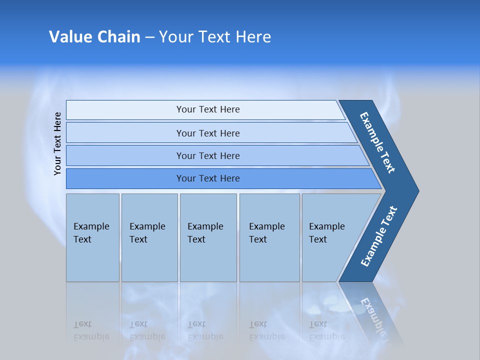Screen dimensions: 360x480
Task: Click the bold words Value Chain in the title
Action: point(94,37)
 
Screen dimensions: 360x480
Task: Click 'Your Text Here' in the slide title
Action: point(215,37)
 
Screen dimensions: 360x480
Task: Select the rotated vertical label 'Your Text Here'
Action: point(58,143)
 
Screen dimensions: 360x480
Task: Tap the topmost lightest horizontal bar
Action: point(208,109)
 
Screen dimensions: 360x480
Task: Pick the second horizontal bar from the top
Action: point(208,133)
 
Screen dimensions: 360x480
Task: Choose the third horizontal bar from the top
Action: point(208,155)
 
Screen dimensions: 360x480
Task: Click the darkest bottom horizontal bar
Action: point(208,178)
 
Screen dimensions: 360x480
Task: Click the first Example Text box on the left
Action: point(92,237)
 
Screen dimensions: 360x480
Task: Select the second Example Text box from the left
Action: point(149,237)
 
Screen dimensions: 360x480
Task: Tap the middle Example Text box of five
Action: point(208,237)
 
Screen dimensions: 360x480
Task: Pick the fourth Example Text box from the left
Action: point(269,237)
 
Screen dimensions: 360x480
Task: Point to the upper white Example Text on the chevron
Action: point(377,142)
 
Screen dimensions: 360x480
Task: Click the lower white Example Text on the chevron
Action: point(379,236)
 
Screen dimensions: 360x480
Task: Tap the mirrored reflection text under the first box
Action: point(91,330)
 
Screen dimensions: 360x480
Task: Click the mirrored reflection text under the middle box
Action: point(205,330)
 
